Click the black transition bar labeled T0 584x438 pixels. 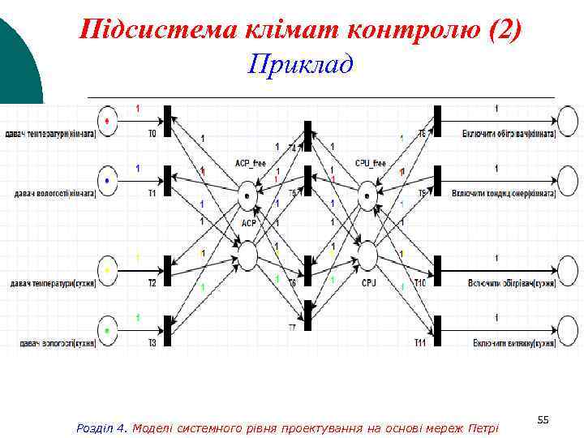[x=168, y=122]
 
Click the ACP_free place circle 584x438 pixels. [x=247, y=195]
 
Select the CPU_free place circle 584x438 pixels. [x=367, y=195]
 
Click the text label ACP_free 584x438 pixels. [x=250, y=164]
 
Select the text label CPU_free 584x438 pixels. [x=370, y=164]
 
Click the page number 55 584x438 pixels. [x=543, y=419]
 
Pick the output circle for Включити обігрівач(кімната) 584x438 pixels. [x=567, y=122]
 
